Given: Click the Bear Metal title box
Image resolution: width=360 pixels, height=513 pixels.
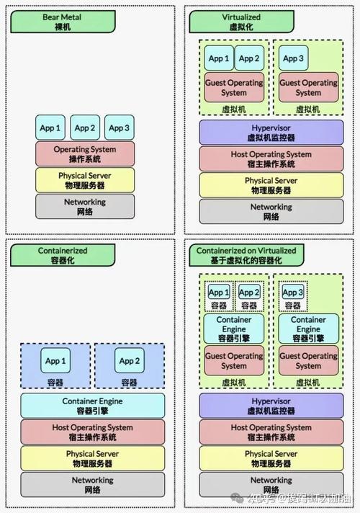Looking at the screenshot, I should click(x=61, y=21).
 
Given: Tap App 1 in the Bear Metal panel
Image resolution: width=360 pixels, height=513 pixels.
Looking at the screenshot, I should click(x=50, y=128).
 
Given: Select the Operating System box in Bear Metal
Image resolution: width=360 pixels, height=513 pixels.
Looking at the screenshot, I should click(x=85, y=153).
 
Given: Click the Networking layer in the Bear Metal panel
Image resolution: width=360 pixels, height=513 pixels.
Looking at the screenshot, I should click(x=85, y=207).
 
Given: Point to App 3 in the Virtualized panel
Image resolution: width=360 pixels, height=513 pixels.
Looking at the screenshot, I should click(x=292, y=58).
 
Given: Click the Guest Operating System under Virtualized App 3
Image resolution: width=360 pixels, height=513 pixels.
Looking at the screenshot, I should click(x=307, y=87).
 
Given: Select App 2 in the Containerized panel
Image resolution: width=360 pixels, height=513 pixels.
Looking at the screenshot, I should click(x=128, y=361).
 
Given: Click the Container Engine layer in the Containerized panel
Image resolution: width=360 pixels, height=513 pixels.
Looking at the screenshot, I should click(x=92, y=406).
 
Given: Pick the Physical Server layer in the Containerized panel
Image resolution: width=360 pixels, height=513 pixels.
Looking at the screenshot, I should click(x=92, y=458).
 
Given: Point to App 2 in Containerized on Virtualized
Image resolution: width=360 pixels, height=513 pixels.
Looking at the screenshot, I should click(x=248, y=293).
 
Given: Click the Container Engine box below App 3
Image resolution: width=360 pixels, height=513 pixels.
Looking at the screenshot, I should click(x=307, y=329).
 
